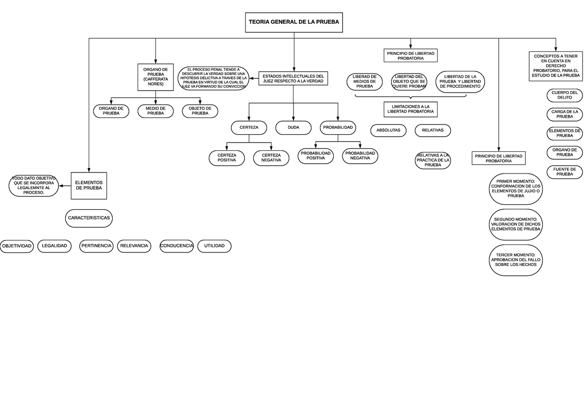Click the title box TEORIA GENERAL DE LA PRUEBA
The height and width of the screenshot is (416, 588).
(294, 22)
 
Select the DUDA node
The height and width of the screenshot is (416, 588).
(294, 127)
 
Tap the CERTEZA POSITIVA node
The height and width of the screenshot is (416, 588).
(226, 158)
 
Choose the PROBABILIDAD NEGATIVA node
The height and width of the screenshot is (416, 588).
(360, 156)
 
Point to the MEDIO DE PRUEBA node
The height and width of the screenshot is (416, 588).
(155, 111)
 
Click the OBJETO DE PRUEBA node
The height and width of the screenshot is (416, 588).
(200, 111)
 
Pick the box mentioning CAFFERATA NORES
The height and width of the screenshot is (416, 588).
(155, 77)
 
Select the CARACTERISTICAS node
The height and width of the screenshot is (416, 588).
(89, 217)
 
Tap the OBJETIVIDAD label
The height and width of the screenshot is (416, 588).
(17, 246)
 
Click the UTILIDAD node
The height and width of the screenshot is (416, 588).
(214, 246)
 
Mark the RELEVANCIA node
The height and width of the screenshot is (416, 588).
(134, 246)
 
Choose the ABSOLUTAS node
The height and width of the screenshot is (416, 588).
(388, 130)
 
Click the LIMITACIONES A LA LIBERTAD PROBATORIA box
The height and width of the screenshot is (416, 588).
(411, 109)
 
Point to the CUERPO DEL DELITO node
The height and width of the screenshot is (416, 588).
(564, 95)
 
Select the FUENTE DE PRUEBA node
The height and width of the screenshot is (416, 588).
(564, 172)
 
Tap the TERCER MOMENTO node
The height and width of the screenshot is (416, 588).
(515, 260)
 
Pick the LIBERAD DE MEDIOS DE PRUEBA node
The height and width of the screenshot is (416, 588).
(364, 81)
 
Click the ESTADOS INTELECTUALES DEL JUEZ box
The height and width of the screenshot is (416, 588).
(293, 78)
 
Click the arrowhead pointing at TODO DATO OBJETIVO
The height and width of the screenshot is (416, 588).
(61, 185)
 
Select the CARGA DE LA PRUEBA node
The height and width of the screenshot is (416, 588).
(564, 114)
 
